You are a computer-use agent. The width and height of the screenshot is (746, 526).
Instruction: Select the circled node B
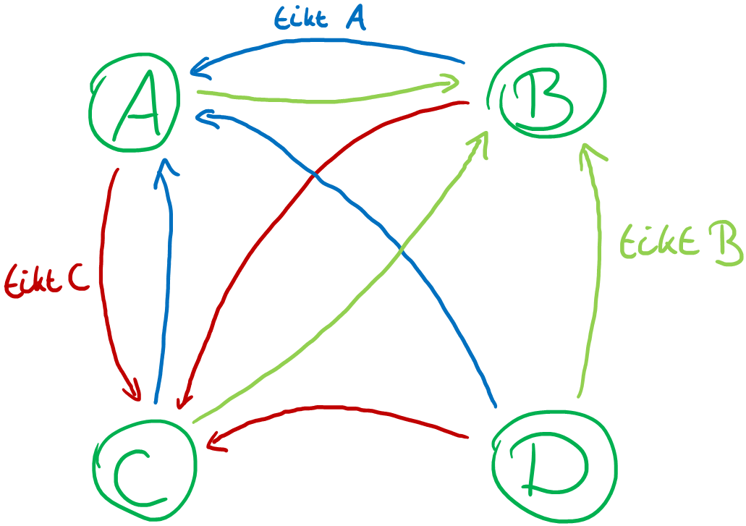pos(546,90)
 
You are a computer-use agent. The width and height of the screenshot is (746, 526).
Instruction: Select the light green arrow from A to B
pos(326,97)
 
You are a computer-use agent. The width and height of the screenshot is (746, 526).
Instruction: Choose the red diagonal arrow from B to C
pos(289,203)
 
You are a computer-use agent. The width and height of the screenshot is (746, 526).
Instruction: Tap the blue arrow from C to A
pos(167,289)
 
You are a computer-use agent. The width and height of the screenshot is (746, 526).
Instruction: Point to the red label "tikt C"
pos(47,281)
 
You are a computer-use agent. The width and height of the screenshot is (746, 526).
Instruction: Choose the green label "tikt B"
pos(680,242)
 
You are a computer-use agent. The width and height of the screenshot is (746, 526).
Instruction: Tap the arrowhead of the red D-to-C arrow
pos(216,440)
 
